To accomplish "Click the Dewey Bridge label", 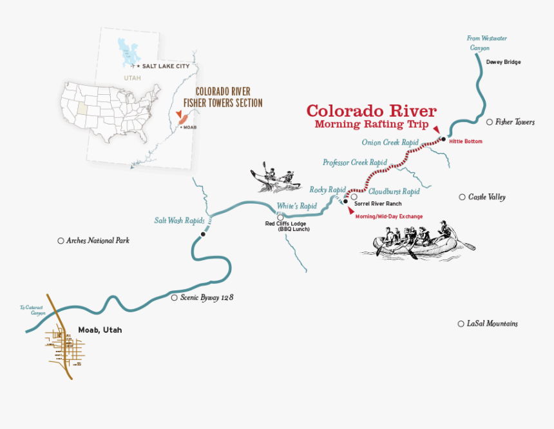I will tap(504, 63).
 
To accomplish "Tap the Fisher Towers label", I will tap(514, 122).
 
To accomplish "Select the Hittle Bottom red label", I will tap(466, 141).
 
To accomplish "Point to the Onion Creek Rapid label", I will tap(390, 143).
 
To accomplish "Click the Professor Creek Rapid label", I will tap(354, 163).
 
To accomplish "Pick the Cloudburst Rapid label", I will tap(394, 192).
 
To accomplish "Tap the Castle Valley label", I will tap(486, 197).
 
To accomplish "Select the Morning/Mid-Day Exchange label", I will tap(389, 217).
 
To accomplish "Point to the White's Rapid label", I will tap(297, 206).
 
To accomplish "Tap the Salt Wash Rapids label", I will tap(178, 221).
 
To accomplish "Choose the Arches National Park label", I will tap(97, 241).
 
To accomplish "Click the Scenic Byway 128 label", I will tap(206, 298).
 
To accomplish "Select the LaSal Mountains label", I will tap(492, 324).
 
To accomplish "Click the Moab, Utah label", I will tap(100, 330).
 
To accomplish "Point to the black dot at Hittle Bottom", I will tap(443, 139).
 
